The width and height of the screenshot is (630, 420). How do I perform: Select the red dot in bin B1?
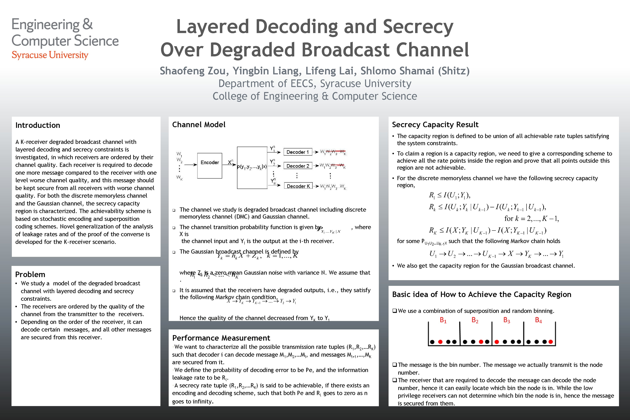pos(440,342)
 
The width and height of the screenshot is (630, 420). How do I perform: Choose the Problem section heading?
pos(30,274)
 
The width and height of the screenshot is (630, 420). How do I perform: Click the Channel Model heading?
pos(199,125)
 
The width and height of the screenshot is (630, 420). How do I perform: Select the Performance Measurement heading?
pos(221,338)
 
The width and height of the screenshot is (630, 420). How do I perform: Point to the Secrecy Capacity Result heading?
pos(435,125)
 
